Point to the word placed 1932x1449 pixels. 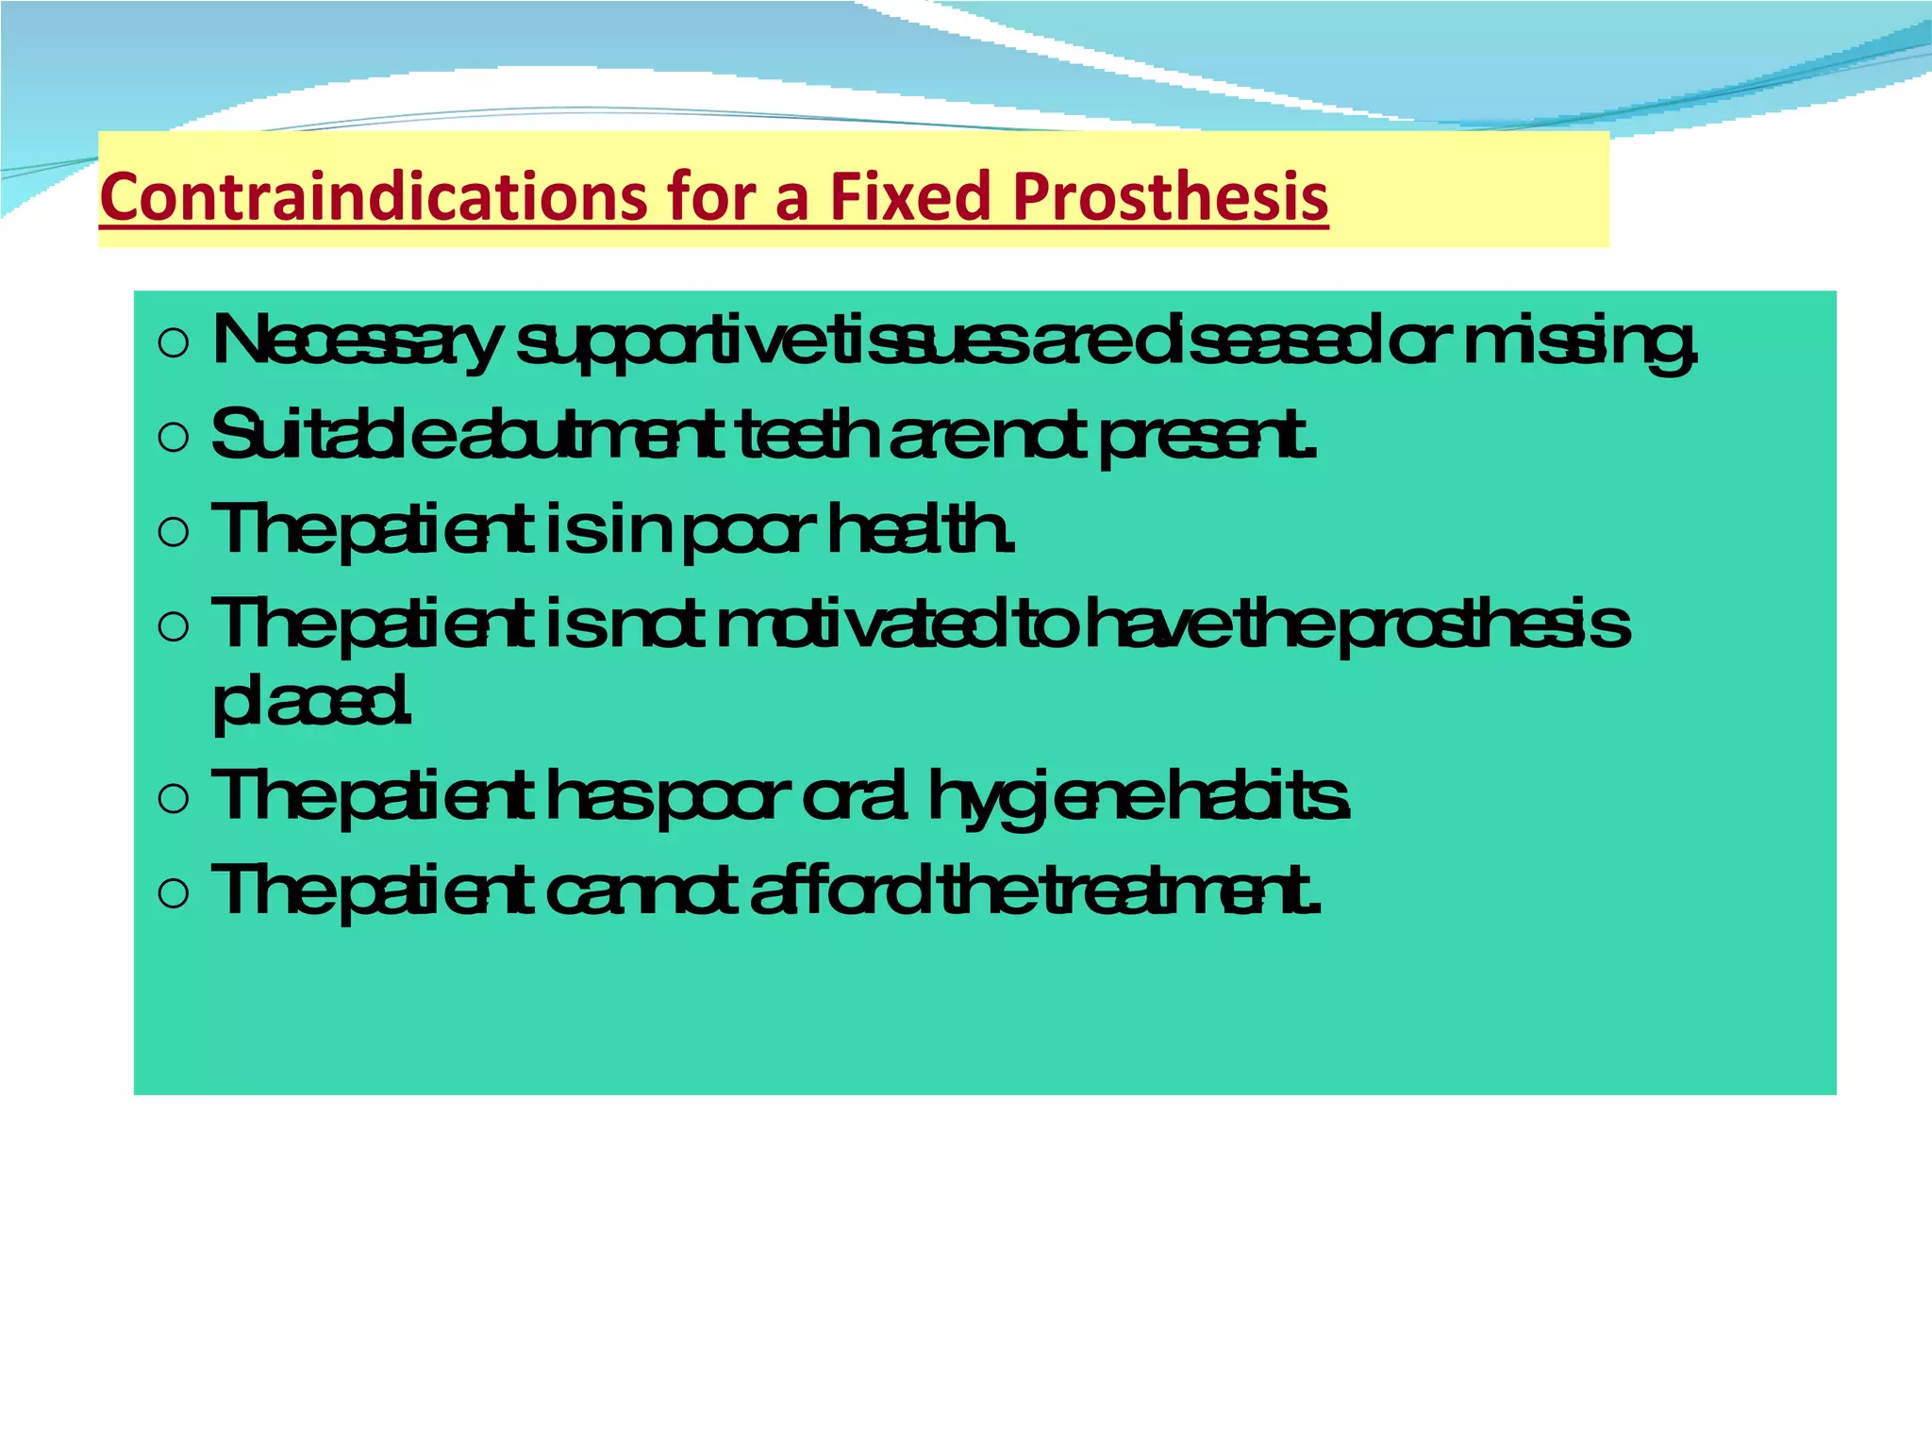pyautogui.click(x=311, y=703)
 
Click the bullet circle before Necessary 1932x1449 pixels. pyautogui.click(x=175, y=343)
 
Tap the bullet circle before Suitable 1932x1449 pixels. pyautogui.click(x=175, y=438)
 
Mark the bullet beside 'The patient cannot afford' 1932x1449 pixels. pyautogui.click(x=175, y=893)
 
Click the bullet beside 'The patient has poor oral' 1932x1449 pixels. pyautogui.click(x=175, y=800)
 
